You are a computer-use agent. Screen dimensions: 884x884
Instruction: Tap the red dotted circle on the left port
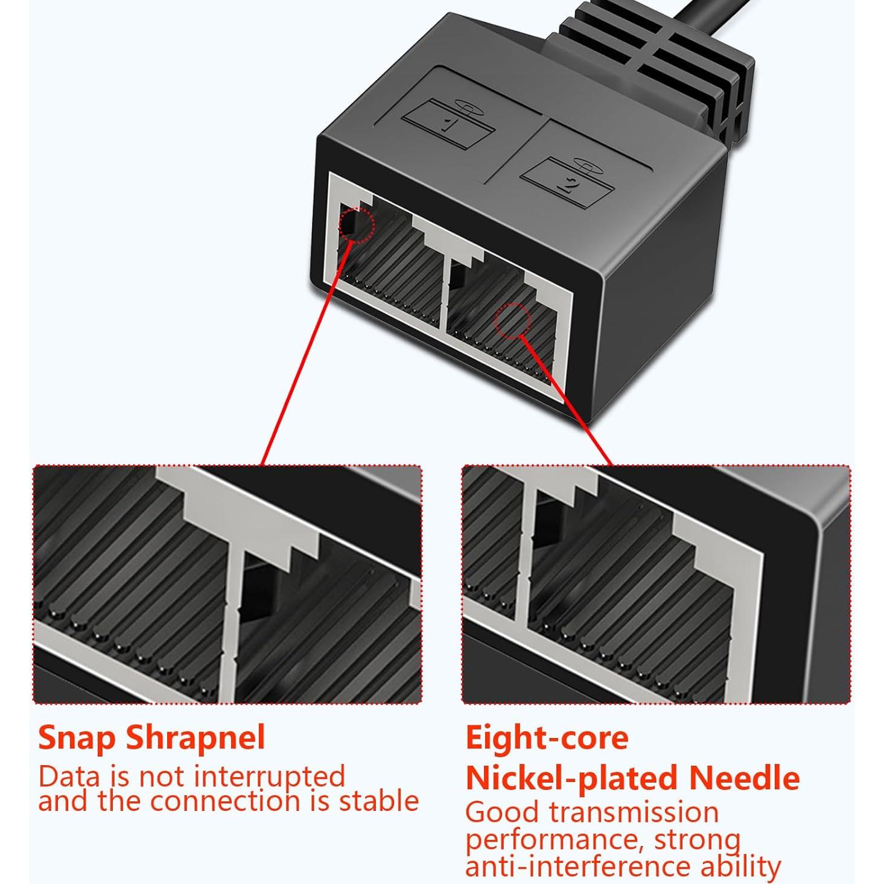click(357, 224)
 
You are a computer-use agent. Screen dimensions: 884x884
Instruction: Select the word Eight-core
click(547, 737)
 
